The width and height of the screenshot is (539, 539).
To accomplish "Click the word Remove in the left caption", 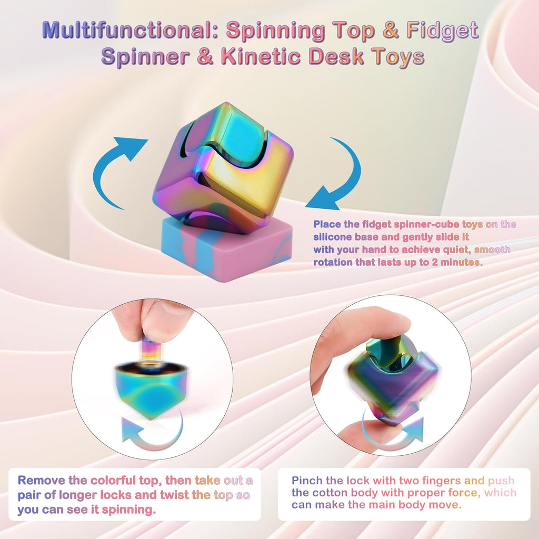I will pyautogui.click(x=43, y=480).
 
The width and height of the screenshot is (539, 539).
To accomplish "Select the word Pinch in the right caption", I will pyautogui.click(x=307, y=481).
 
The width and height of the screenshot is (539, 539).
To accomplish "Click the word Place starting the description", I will pyautogui.click(x=327, y=224).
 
